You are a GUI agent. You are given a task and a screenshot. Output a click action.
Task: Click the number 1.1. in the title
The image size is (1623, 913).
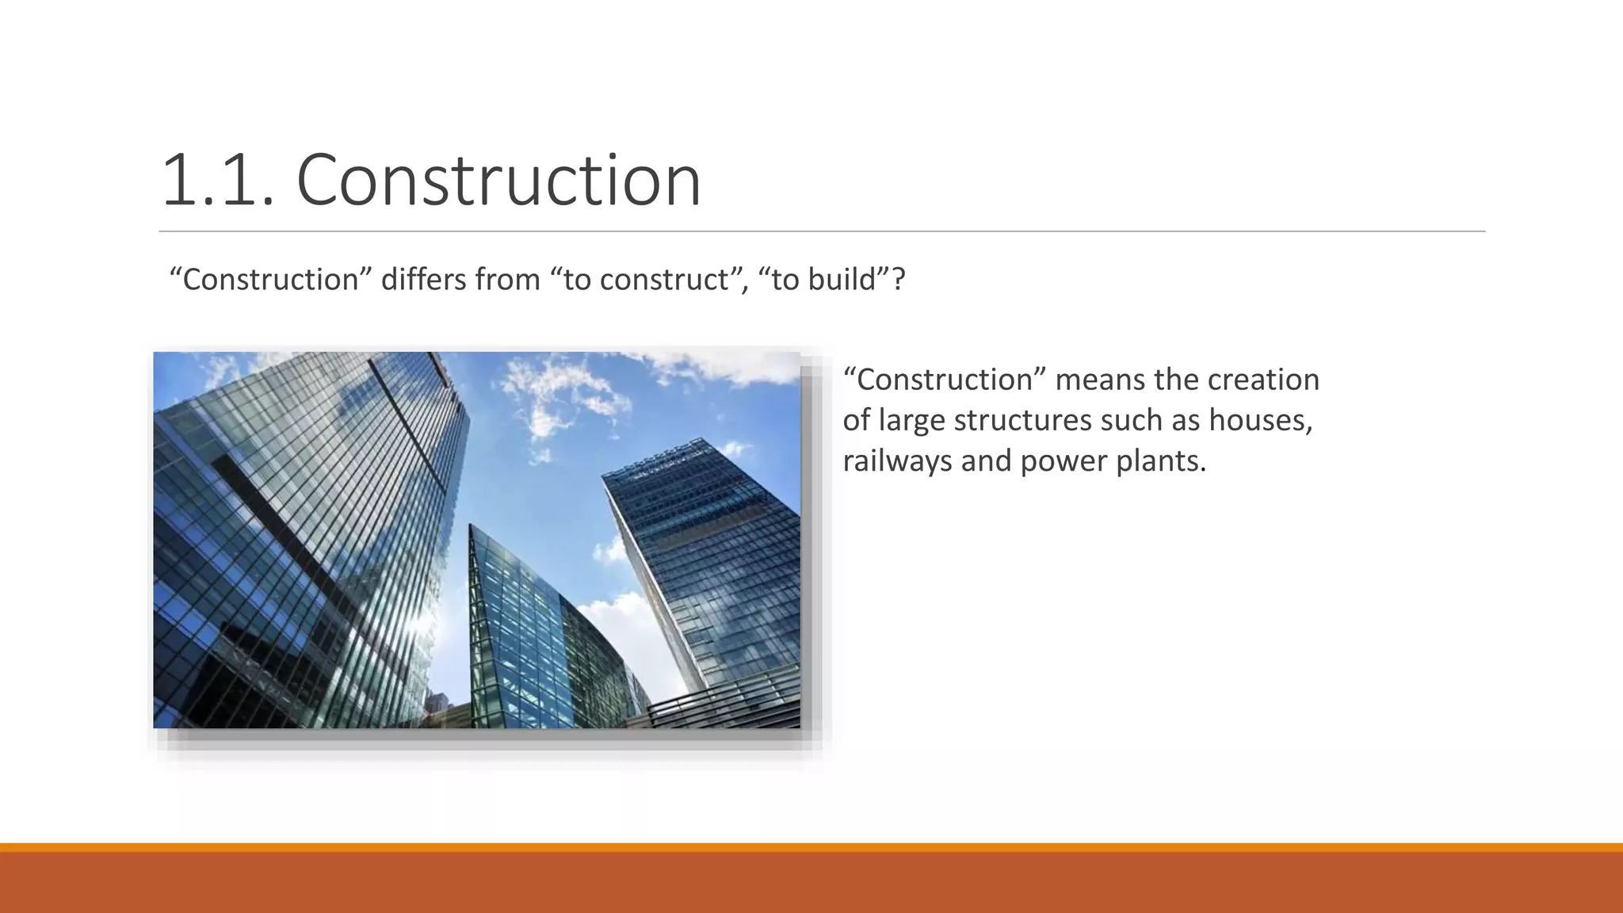point(218,181)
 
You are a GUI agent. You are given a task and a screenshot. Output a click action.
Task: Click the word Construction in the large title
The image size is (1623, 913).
point(498,181)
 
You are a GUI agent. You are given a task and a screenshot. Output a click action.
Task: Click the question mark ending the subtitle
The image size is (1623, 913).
point(898,280)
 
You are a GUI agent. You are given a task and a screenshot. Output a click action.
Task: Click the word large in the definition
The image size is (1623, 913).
point(911,420)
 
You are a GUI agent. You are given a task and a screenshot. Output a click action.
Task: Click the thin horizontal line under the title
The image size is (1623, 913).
point(822,231)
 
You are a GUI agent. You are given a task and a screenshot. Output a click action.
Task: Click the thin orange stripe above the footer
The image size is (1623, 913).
point(811,847)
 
